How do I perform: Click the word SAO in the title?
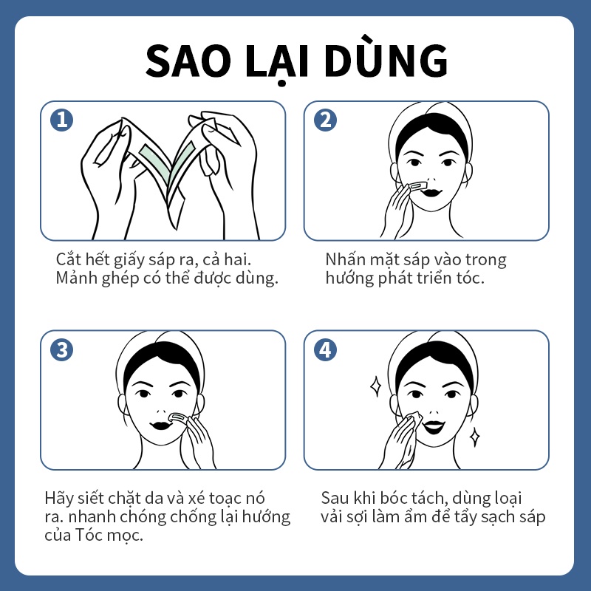188,61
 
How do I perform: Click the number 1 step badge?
62,120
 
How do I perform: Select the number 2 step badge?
325,120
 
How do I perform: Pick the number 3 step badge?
62,349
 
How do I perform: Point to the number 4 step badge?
325,349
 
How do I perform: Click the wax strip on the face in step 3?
177,417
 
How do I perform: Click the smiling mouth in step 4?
434,427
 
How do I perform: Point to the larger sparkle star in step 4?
375,386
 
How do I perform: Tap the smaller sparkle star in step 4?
475,437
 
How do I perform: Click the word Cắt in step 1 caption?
69,259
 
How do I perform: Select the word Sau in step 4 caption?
335,498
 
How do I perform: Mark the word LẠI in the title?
277,62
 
